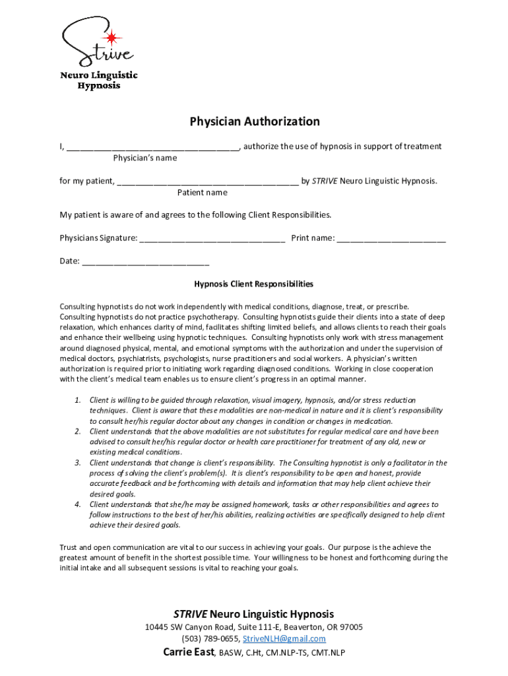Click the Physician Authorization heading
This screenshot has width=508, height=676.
point(255,121)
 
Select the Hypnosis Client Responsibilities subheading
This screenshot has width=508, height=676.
point(253,285)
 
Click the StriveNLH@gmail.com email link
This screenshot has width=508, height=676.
point(284,639)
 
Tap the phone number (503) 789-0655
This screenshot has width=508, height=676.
point(210,639)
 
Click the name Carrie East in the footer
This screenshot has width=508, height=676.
point(189,652)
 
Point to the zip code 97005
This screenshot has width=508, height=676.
point(349,627)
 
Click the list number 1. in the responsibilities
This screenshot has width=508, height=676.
point(77,400)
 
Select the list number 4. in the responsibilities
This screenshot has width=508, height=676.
point(77,504)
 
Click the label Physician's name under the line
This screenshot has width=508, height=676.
point(144,158)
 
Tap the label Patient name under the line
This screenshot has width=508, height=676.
point(202,193)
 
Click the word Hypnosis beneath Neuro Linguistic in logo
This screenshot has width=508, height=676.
point(99,86)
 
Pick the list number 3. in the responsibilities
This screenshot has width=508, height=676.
point(77,463)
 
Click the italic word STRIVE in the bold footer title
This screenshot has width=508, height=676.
point(190,614)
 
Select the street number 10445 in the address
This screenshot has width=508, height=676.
point(157,627)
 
